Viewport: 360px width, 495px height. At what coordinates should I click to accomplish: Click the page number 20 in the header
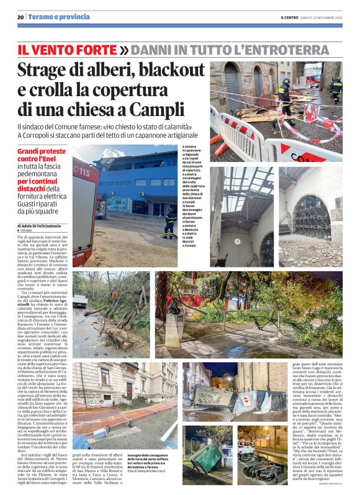[20, 17]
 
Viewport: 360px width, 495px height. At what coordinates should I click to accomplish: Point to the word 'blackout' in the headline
[169, 69]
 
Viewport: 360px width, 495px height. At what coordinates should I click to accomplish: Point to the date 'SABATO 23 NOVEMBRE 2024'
[323, 17]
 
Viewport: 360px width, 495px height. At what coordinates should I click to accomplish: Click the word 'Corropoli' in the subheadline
[38, 135]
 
